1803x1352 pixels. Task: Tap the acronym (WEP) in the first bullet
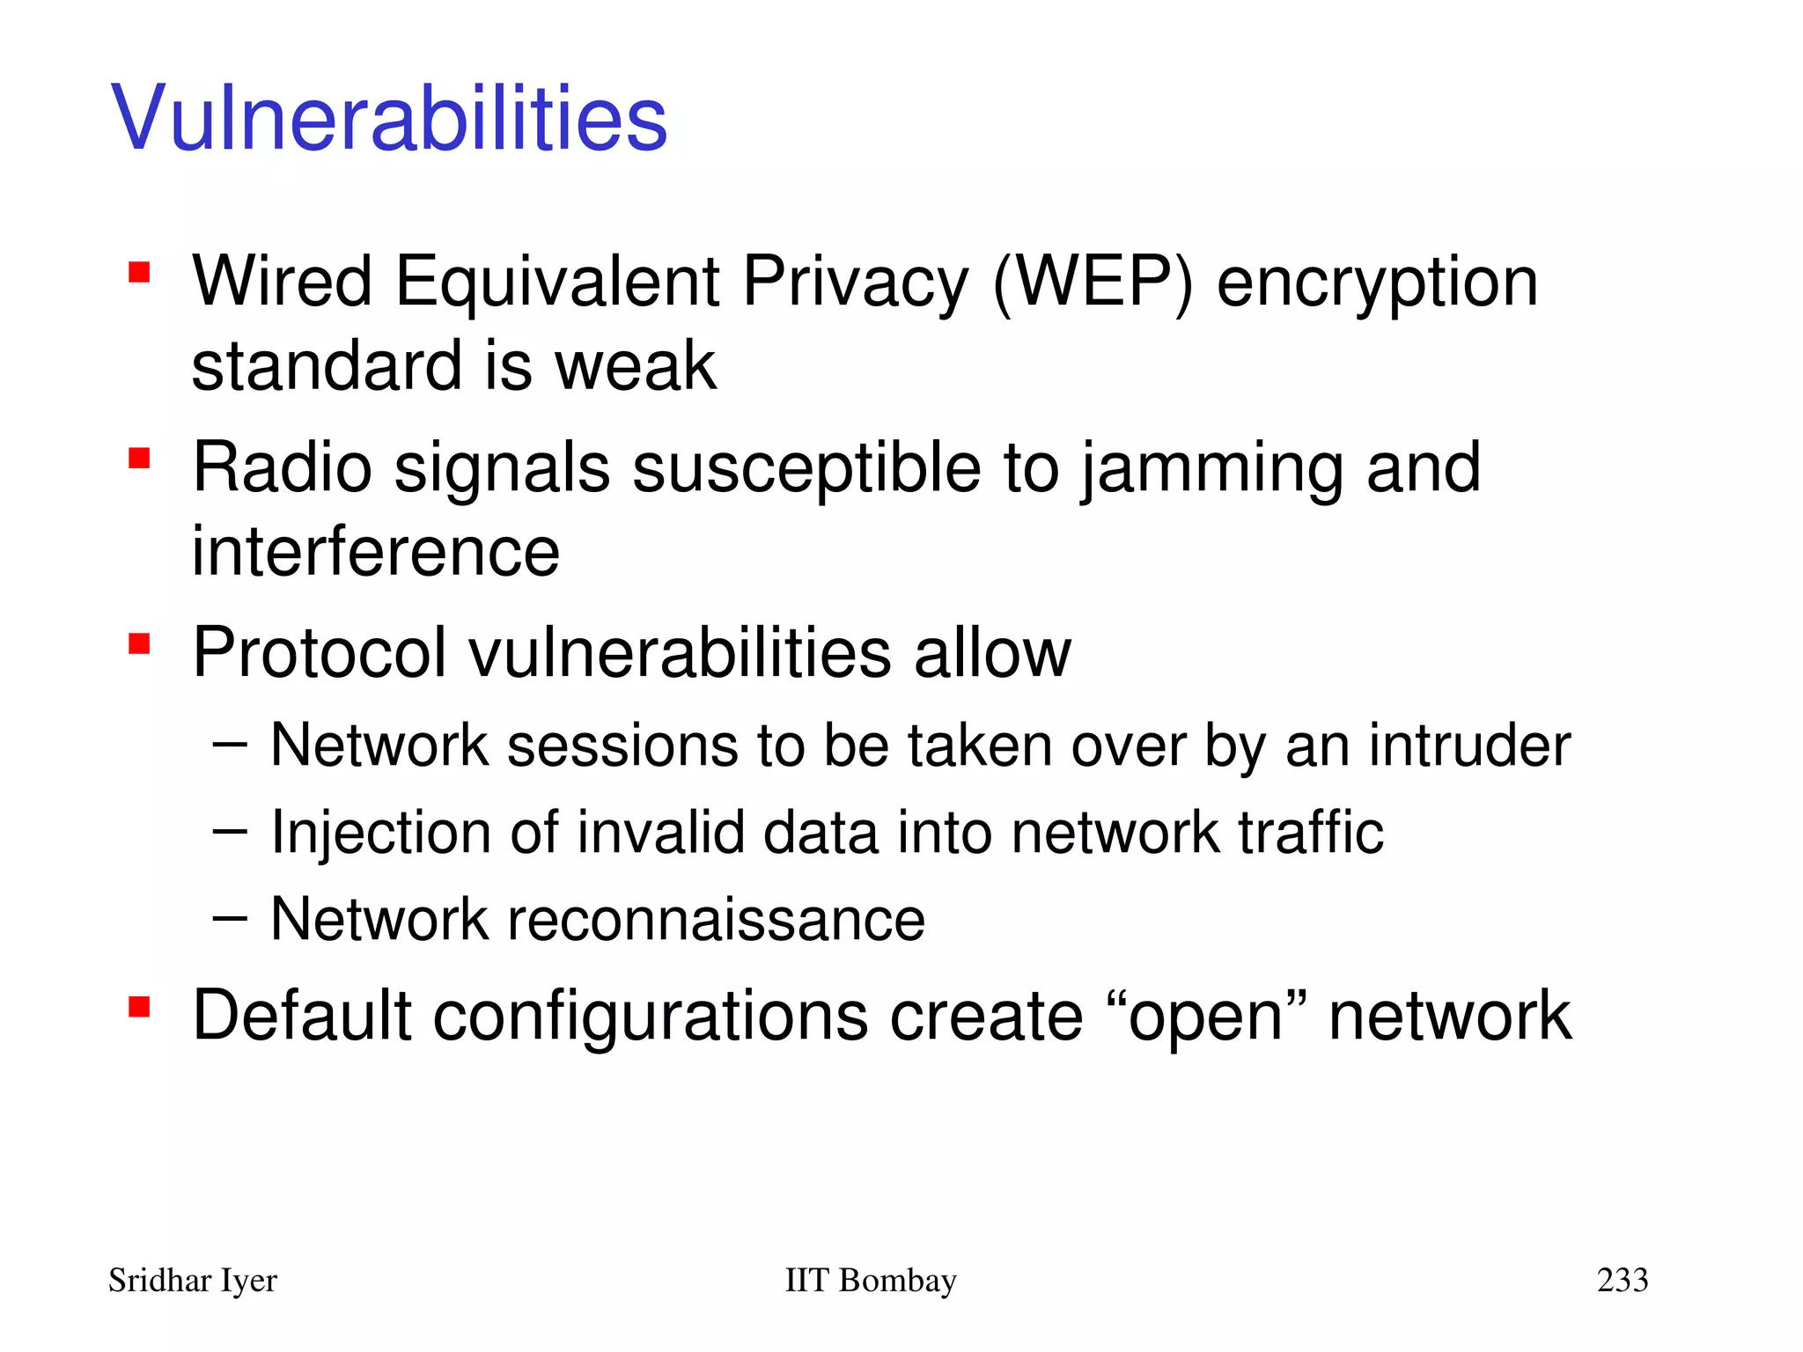click(x=1093, y=283)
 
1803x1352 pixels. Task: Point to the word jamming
click(x=1211, y=469)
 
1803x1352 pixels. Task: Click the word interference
click(x=376, y=552)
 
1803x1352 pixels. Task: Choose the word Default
click(x=302, y=1016)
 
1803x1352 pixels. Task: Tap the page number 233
click(x=1622, y=1280)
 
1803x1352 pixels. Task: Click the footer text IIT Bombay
click(x=870, y=1280)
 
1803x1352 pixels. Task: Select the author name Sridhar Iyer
click(x=192, y=1281)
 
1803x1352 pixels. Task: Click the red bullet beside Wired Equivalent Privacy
click(x=138, y=272)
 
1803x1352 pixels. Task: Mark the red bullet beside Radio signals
click(x=138, y=459)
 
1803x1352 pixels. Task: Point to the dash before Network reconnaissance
click(x=230, y=918)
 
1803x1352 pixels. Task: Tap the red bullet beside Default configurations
click(x=138, y=1006)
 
